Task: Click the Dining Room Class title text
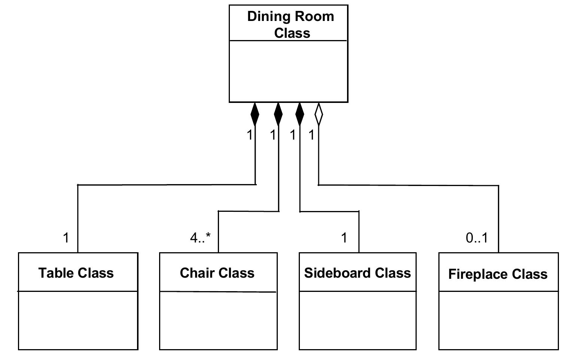[291, 25]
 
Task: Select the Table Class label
[76, 273]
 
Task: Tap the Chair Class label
[217, 273]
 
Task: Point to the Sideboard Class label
[358, 273]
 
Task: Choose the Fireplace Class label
[498, 274]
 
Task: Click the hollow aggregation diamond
[319, 114]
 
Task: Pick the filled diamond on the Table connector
[255, 114]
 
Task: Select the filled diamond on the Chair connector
[278, 114]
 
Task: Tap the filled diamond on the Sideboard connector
[299, 114]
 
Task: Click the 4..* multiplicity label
[200, 238]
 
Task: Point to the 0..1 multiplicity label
[477, 238]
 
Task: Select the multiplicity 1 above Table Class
[66, 238]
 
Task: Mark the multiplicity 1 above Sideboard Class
[344, 238]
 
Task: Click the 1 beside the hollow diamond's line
[311, 135]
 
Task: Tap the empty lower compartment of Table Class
[78, 320]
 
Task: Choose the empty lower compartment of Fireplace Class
[498, 320]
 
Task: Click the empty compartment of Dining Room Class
[288, 71]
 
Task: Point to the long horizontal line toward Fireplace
[408, 185]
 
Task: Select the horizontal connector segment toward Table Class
[167, 184]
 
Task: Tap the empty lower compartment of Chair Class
[218, 320]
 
